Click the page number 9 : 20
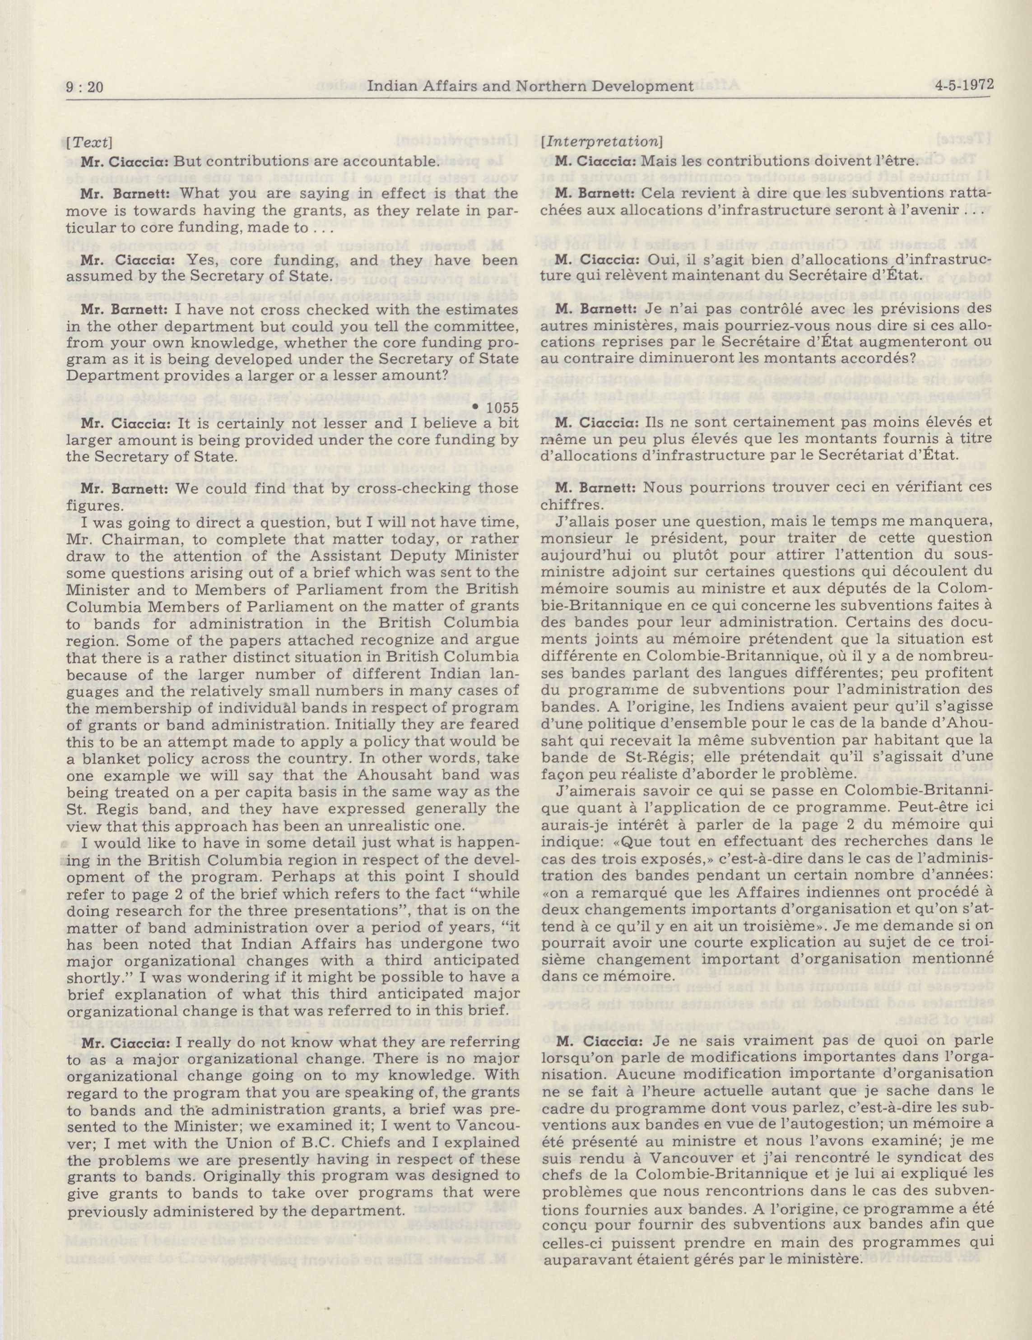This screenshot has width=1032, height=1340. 85,87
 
